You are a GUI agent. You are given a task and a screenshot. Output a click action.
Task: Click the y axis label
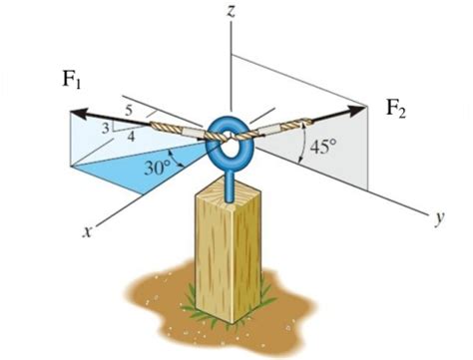[438, 216]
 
